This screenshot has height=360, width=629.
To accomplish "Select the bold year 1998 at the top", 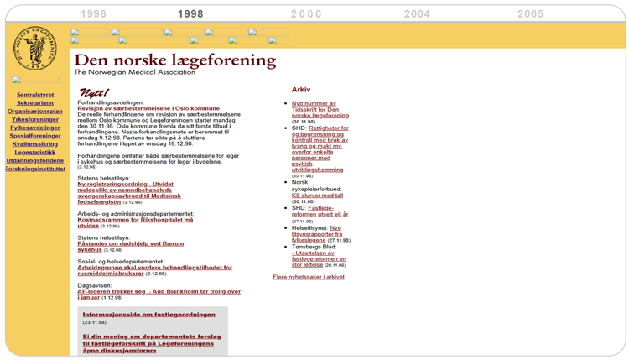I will [190, 14].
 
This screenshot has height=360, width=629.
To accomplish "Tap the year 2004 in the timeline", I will [417, 14].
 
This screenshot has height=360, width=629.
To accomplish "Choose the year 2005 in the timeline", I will [530, 14].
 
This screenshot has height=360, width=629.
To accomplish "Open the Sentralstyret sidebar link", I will [35, 94].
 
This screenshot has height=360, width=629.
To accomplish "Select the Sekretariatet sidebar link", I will [35, 102].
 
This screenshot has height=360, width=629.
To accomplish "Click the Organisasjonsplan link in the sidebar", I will [35, 111].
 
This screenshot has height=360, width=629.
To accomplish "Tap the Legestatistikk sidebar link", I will [35, 152].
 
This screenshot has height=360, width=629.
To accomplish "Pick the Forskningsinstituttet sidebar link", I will [35, 169].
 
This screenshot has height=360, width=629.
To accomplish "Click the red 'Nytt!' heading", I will [93, 92].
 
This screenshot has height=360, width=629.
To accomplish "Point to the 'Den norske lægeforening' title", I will [174, 60].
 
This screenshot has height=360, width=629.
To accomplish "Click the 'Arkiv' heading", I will [301, 89].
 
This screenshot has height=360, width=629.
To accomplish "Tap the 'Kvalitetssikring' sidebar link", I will [35, 143].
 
